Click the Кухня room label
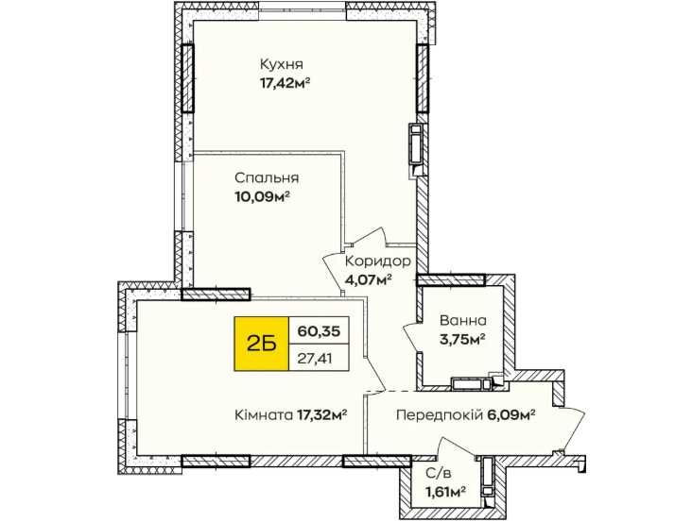pos(282,64)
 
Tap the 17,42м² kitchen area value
pos(285,82)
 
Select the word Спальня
pos(267,178)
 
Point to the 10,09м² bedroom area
pos(261,197)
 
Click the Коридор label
pos(378,261)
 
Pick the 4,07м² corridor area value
pos(368,280)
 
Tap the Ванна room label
pos(463,320)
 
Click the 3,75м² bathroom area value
pos(462,339)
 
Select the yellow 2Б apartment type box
pos(261,344)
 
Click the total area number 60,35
pos(319,331)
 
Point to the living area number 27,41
pos(315,358)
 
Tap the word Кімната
pos(264,415)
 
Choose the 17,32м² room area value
pos(322,415)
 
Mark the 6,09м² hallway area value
pos(511,415)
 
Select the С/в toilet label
pos(439,474)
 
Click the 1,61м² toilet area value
pos(445,492)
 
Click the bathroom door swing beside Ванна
pos(412,337)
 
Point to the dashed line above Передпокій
pos(390,392)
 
